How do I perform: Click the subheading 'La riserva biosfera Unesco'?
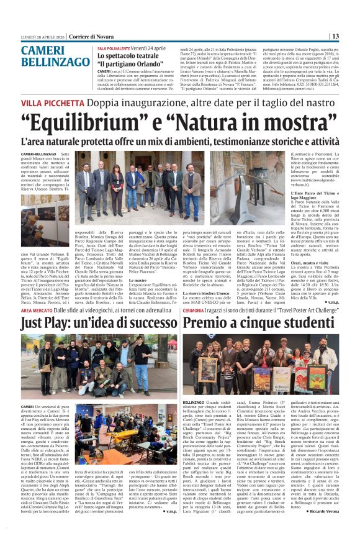[x=227, y=292]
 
